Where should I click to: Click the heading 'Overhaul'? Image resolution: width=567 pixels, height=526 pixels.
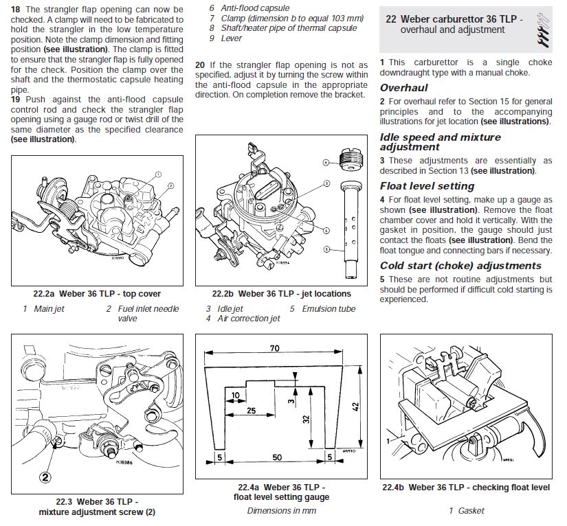pyautogui.click(x=404, y=88)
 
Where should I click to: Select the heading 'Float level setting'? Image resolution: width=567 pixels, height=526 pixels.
pyautogui.click(x=427, y=186)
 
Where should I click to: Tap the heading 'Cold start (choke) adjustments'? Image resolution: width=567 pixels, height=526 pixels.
pyautogui.click(x=461, y=266)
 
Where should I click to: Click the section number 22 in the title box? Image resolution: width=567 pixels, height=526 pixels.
pyautogui.click(x=391, y=19)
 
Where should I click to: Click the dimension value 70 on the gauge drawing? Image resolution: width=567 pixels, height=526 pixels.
pyautogui.click(x=274, y=349)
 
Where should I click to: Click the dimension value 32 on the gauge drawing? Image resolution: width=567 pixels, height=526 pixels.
pyautogui.click(x=307, y=419)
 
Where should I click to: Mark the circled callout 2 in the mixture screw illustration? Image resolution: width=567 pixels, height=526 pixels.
pyautogui.click(x=45, y=476)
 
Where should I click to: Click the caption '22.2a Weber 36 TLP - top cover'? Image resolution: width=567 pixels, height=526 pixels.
pyautogui.click(x=98, y=294)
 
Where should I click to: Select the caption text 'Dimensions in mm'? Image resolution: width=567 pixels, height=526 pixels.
pyautogui.click(x=281, y=510)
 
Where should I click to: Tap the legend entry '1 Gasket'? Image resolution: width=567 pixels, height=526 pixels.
pyautogui.click(x=467, y=510)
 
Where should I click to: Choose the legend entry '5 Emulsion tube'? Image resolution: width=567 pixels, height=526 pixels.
pyautogui.click(x=322, y=309)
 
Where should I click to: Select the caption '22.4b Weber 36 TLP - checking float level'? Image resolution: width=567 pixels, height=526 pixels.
pyautogui.click(x=466, y=488)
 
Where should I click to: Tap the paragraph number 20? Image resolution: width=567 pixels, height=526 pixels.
pyautogui.click(x=200, y=65)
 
